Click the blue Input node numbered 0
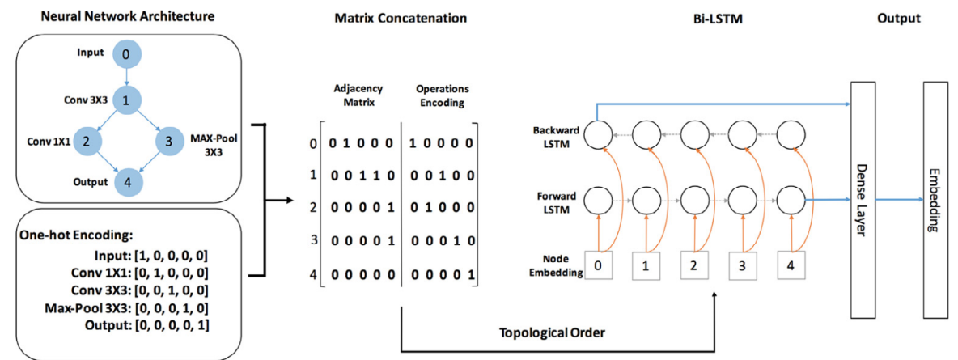[x=125, y=54]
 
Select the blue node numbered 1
[x=125, y=100]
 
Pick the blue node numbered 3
[x=167, y=141]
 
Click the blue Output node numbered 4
[x=125, y=181]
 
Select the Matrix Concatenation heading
[x=401, y=18]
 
